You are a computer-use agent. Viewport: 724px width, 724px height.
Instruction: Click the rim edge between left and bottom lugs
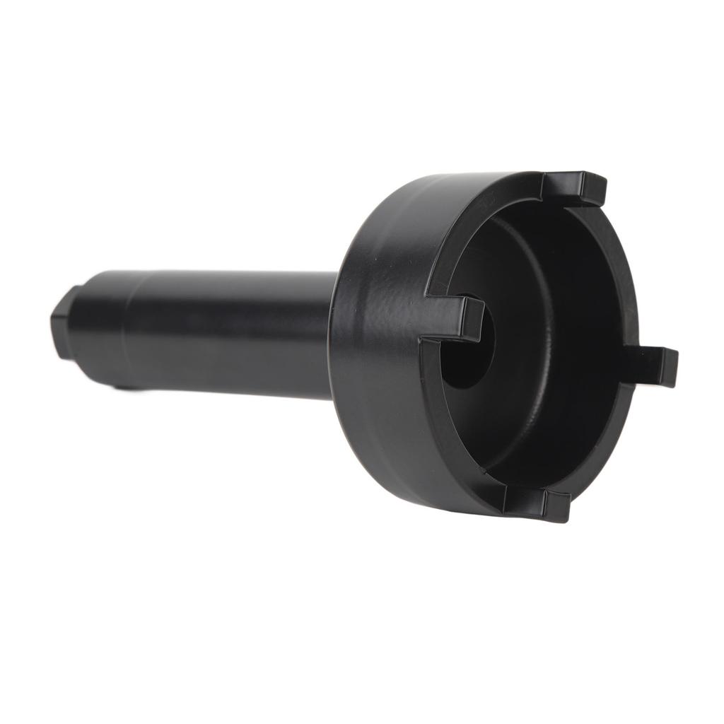click(452, 438)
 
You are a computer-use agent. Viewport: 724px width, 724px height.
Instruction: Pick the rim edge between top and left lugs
click(481, 226)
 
